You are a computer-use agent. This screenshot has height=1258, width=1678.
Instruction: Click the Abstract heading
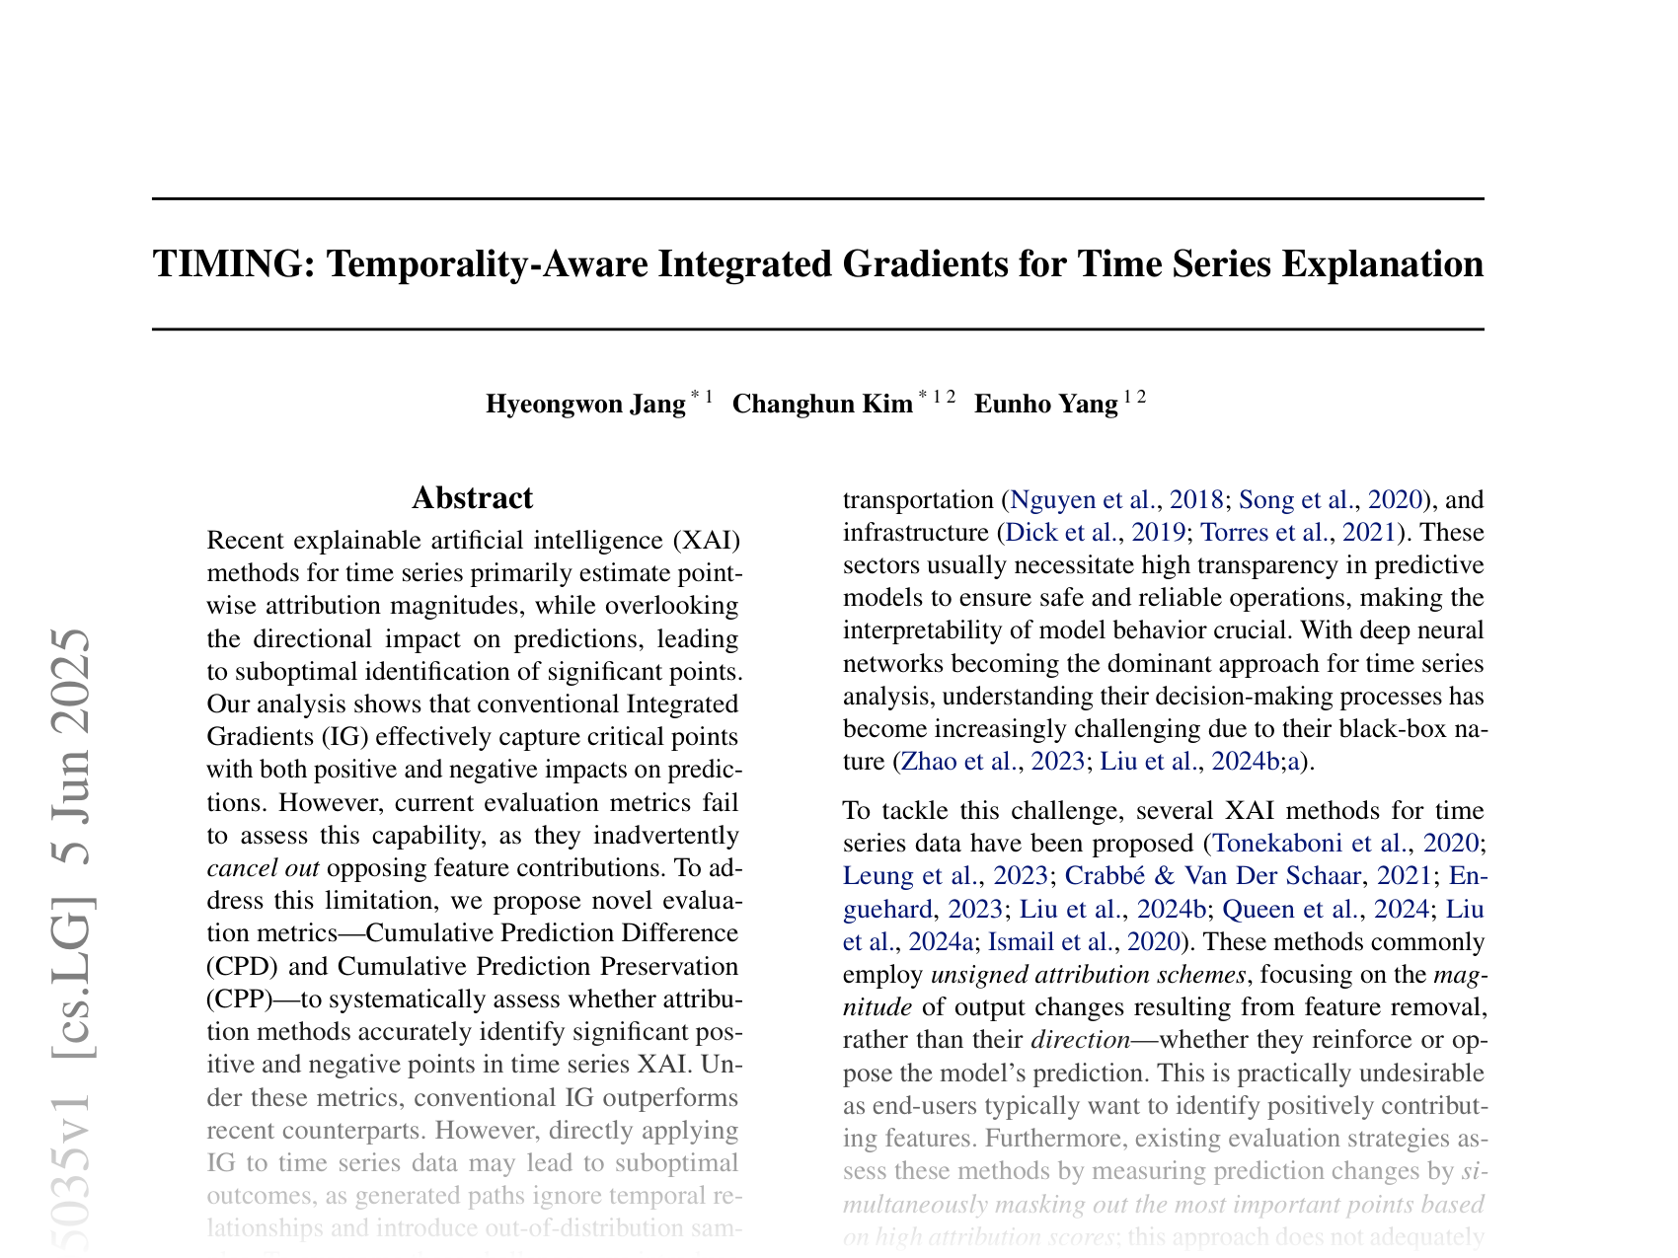(472, 498)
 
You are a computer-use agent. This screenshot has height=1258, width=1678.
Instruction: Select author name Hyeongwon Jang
(585, 405)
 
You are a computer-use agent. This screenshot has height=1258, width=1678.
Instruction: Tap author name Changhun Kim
(822, 405)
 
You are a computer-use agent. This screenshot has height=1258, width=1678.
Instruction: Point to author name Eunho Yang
(1045, 405)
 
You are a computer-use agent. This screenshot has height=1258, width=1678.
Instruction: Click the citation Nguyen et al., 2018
(1117, 499)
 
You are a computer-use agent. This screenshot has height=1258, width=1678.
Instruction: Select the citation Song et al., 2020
(1329, 499)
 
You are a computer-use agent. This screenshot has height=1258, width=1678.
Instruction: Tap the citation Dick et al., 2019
(1092, 533)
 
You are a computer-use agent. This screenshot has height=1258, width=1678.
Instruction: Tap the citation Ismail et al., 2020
(1082, 941)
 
